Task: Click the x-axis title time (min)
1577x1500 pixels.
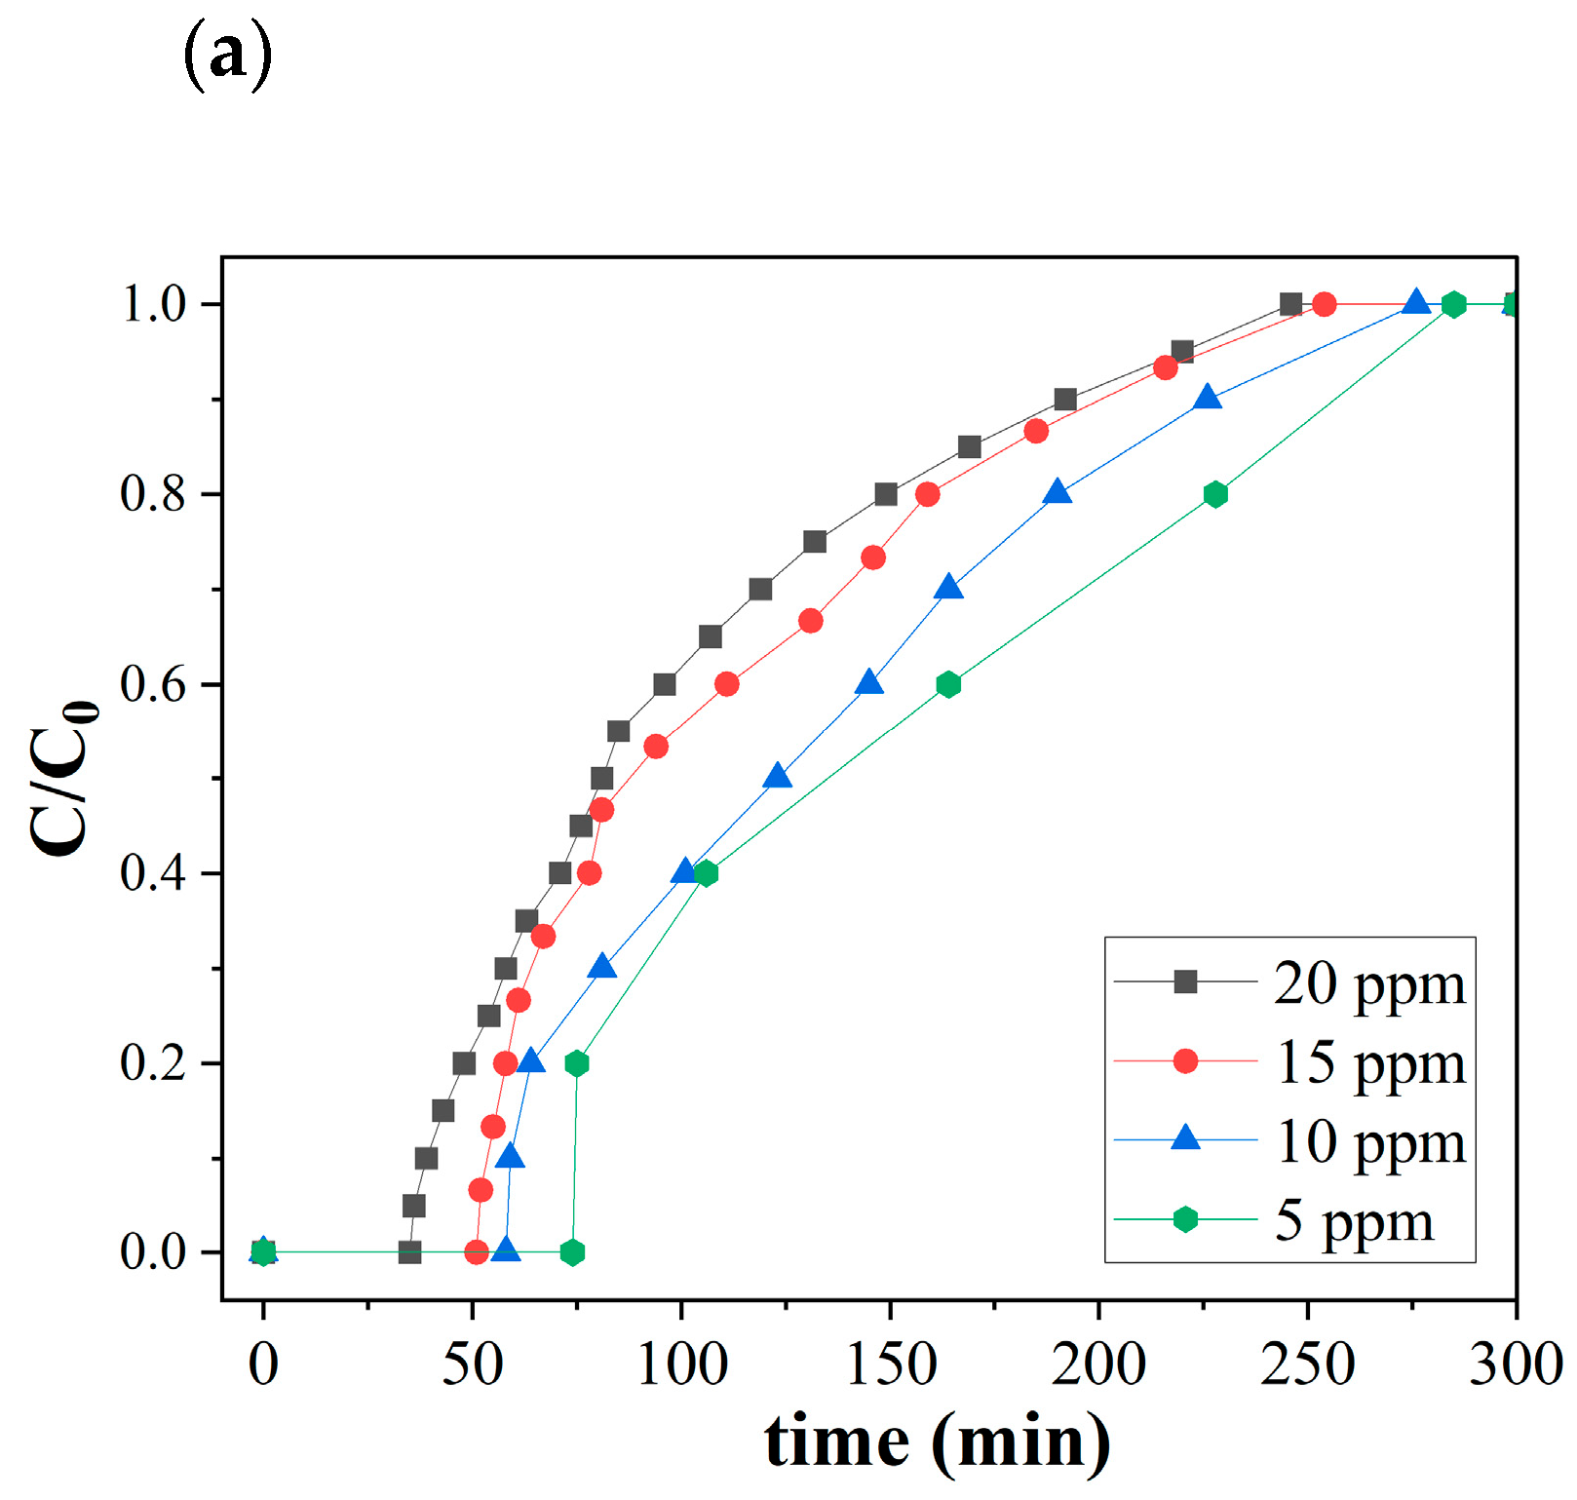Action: click(x=937, y=1441)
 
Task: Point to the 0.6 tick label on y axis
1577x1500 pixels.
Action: click(x=153, y=684)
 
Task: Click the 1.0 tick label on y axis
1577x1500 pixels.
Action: click(x=153, y=304)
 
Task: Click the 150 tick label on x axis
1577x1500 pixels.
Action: click(x=891, y=1364)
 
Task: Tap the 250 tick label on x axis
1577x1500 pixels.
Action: click(x=1307, y=1364)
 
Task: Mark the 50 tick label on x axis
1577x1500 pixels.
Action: click(x=473, y=1364)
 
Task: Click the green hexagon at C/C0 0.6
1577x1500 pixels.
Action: click(x=948, y=684)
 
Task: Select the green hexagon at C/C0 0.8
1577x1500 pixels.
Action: click(x=1214, y=494)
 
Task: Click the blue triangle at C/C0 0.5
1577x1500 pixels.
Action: click(x=777, y=777)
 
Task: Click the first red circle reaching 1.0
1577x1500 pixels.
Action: click(x=1324, y=304)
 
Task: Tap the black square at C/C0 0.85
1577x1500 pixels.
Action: click(x=969, y=447)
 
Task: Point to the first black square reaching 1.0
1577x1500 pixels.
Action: click(x=1290, y=304)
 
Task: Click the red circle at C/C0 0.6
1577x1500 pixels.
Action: click(x=726, y=684)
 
